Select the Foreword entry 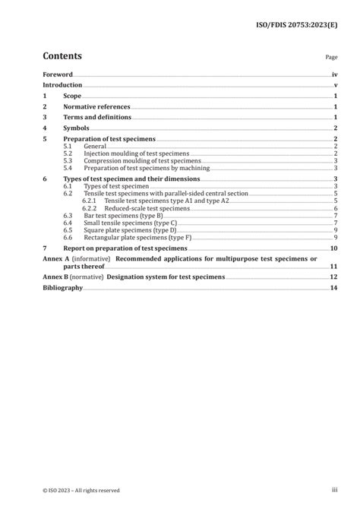coord(57,75)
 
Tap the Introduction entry coord(62,86)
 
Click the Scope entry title coord(72,96)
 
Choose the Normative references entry coord(96,107)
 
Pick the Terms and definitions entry coord(97,118)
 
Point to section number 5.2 coord(68,153)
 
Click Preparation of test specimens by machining coord(144,168)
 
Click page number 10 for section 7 coord(333,248)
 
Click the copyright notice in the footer coord(81,489)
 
